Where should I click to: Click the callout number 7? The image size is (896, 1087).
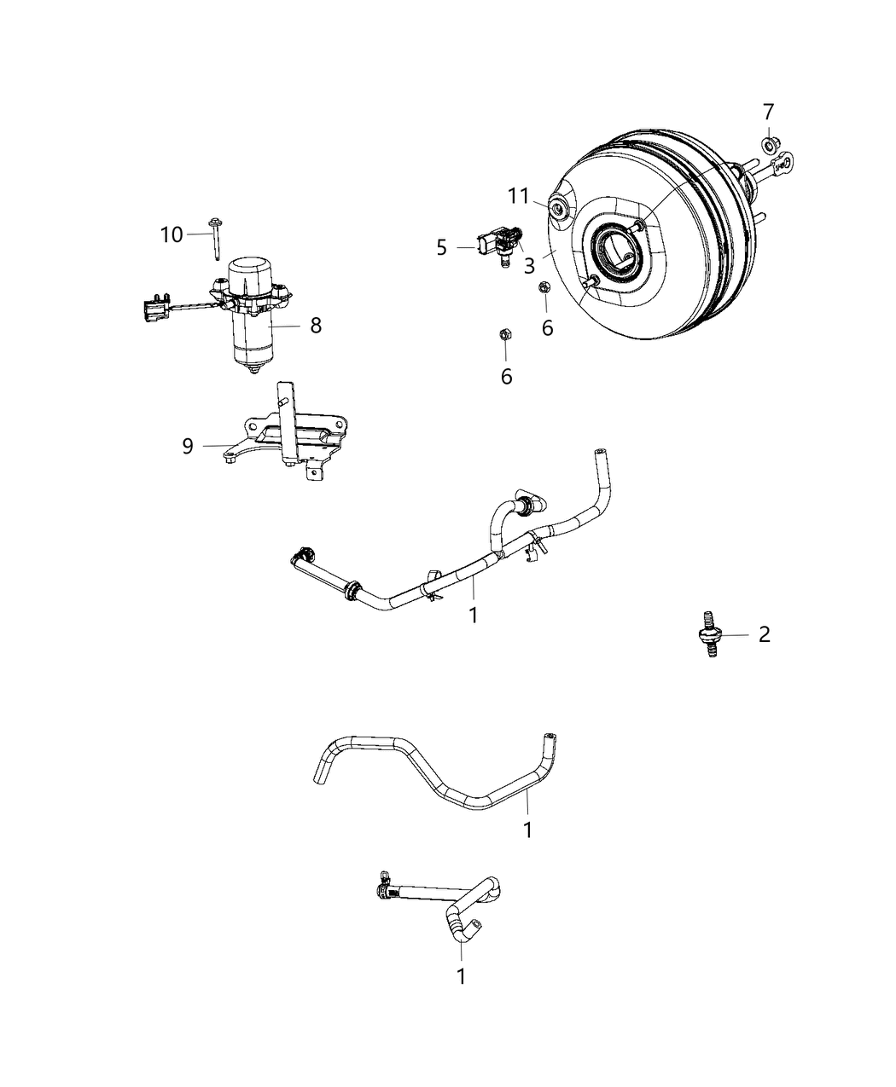point(768,112)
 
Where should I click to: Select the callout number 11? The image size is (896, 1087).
point(519,196)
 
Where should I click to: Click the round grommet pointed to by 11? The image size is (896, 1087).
point(560,208)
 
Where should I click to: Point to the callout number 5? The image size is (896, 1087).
point(441,247)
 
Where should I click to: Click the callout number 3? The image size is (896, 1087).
point(529,265)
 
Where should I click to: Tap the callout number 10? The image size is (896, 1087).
point(172,234)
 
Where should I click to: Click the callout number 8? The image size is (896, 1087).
point(316,325)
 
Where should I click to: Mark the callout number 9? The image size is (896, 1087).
point(188,445)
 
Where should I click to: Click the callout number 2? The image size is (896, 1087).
point(764,633)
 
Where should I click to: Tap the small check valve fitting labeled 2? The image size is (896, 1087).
point(707,632)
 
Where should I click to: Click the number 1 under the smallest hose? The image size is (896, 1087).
point(462,976)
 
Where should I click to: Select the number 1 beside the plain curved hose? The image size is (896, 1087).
point(527,829)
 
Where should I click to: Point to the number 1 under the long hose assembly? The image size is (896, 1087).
point(474,614)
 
